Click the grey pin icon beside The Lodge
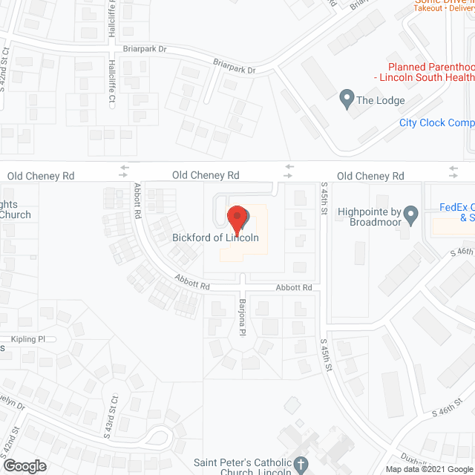coord(346,98)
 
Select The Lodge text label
coord(381,100)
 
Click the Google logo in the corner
coord(24,465)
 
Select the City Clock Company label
coord(436,122)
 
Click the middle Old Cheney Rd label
coord(206,175)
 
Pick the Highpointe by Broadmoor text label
coord(369,216)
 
